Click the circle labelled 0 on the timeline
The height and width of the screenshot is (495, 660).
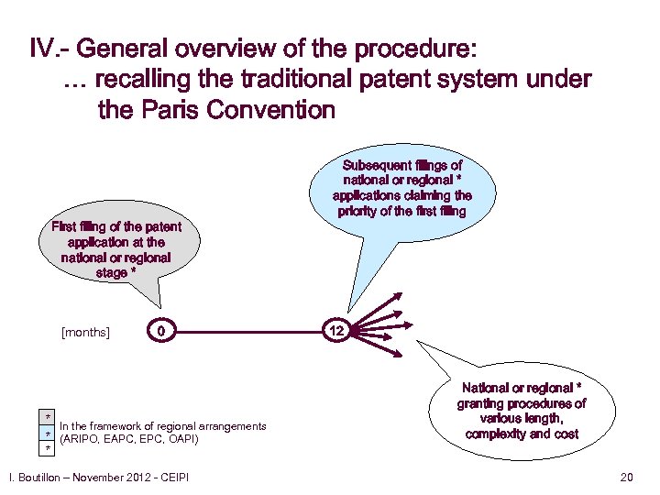tap(160, 329)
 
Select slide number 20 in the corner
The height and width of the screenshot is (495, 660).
tap(627, 477)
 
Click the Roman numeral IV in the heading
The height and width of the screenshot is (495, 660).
tap(43, 48)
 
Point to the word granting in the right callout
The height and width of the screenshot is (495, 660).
tap(484, 404)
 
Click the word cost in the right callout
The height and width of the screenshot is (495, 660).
tap(566, 434)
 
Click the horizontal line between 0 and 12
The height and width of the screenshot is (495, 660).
tap(247, 329)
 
